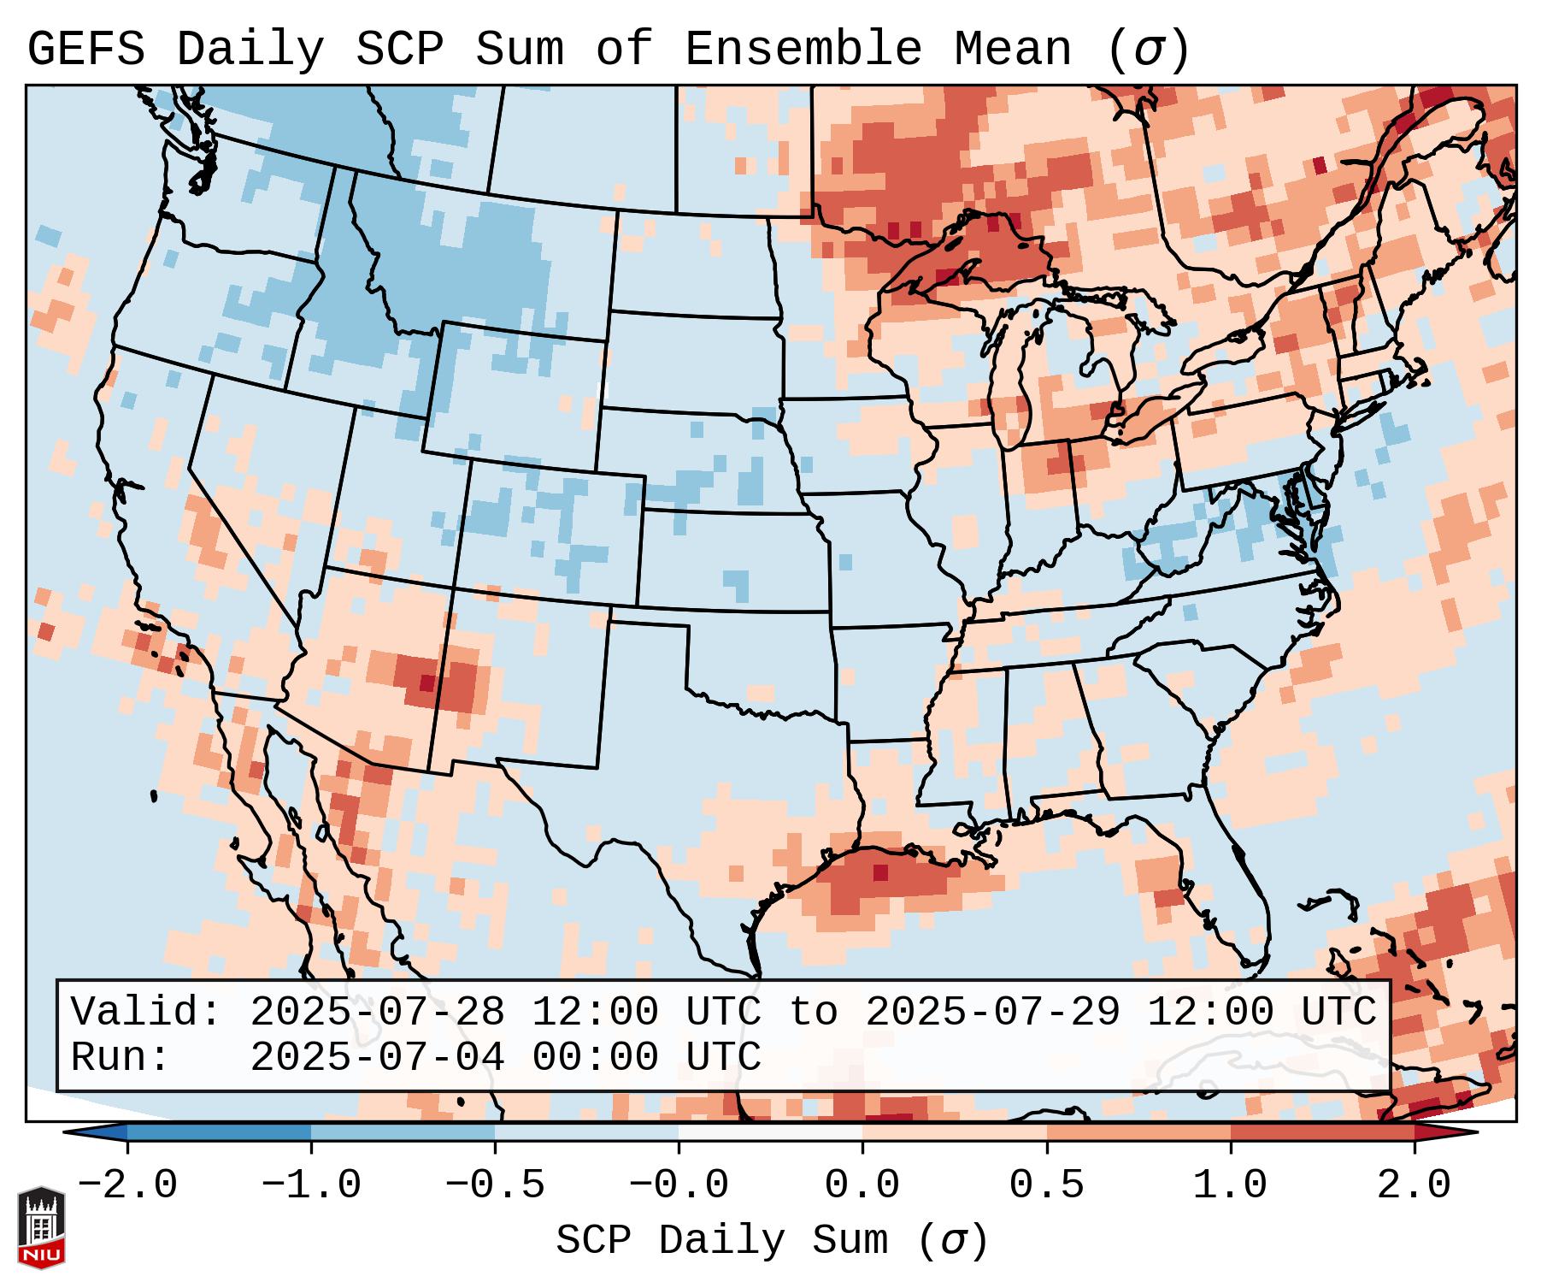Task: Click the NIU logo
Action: coord(41,1227)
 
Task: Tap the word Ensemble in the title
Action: coord(803,50)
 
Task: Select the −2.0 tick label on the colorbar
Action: coord(127,1185)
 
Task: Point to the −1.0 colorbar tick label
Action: coord(311,1185)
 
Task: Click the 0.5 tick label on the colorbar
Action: coord(1046,1185)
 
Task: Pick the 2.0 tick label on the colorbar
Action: coord(1414,1185)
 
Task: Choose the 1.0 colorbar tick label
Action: coord(1230,1185)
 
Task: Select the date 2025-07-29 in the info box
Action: coord(992,1012)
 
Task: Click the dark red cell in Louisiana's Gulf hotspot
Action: coord(880,872)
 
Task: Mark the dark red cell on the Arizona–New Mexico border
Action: coord(426,682)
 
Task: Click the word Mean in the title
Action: coord(1013,50)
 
